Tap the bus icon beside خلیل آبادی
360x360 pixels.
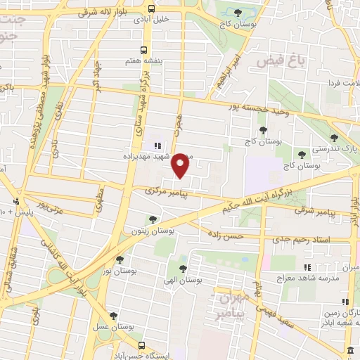pyautogui.click(x=152, y=8)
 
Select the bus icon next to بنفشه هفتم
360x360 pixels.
pyautogui.click(x=143, y=50)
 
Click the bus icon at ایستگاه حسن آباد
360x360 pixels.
pyautogui.click(x=143, y=345)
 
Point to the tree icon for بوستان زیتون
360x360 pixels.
pyautogui.click(x=153, y=220)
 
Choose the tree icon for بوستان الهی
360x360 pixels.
pyautogui.click(x=183, y=269)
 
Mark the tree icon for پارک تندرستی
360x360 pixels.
pyautogui.click(x=334, y=138)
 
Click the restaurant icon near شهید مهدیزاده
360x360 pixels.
pyautogui.click(x=157, y=146)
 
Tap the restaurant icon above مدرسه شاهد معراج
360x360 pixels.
pyautogui.click(x=307, y=267)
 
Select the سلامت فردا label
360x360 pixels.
pyautogui.click(x=340, y=82)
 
